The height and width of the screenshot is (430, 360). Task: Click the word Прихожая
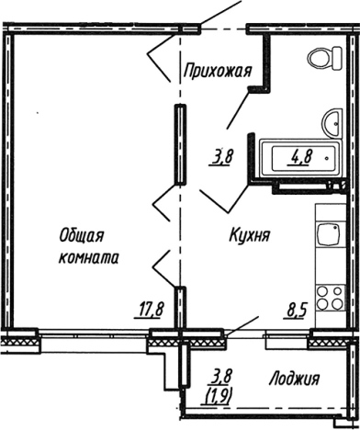pos(217,72)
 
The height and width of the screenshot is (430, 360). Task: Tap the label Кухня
pos(249,235)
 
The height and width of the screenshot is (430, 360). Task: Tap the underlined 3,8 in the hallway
pos(221,156)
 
